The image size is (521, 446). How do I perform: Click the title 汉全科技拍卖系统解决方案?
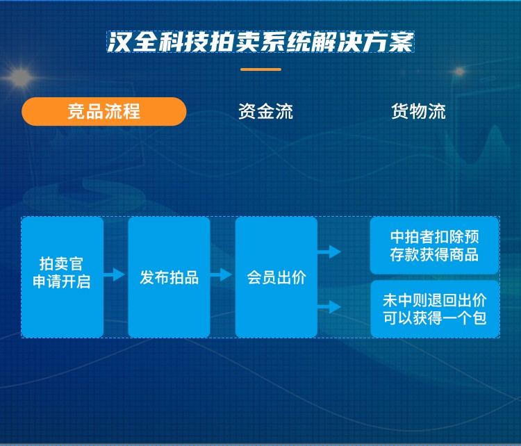260,42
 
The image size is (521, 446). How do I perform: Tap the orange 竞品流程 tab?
104,111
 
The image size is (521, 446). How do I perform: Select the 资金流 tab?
265,111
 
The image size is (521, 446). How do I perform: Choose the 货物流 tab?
418,111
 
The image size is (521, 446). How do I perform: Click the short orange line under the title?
260,69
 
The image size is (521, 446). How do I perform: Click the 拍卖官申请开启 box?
63,277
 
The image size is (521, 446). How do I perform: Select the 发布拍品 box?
169,277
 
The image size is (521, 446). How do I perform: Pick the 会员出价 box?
276,277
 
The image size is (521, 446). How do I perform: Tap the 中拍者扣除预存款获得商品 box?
435,246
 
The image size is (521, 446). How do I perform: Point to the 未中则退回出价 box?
435,309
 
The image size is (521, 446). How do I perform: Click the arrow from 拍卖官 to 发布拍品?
115,274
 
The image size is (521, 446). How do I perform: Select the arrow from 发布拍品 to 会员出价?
222,274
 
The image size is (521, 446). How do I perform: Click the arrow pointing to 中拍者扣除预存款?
329,251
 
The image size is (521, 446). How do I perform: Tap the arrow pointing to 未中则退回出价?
329,307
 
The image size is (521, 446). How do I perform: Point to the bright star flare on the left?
20,77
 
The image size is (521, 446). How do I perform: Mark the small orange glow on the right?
460,71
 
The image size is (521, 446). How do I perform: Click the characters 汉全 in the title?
131,42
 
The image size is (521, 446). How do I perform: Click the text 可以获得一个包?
435,318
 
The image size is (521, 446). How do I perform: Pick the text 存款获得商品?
435,254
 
